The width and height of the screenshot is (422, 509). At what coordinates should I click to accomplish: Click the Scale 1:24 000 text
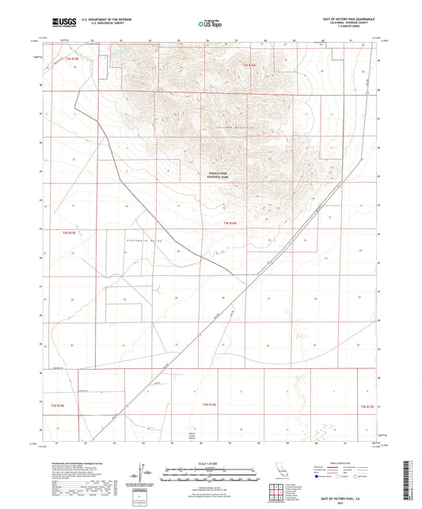211,461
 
